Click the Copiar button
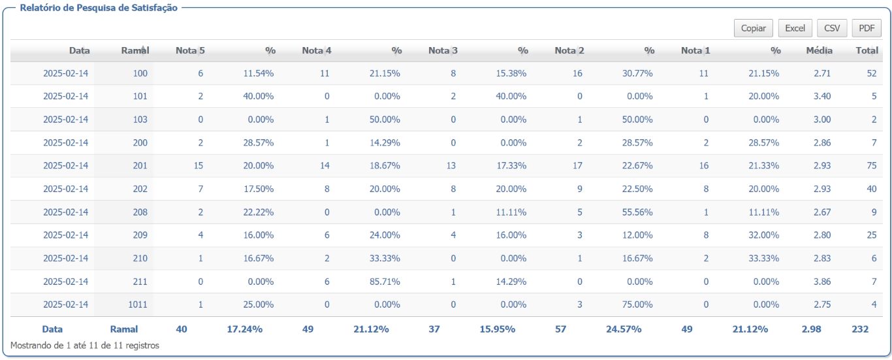(x=753, y=28)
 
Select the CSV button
(x=832, y=28)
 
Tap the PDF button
(x=867, y=28)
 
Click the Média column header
(x=819, y=50)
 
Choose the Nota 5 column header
(x=190, y=50)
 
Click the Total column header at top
(x=867, y=50)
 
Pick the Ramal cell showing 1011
(x=137, y=304)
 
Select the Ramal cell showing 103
(x=140, y=120)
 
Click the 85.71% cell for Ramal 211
(x=385, y=282)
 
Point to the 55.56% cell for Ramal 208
(x=637, y=212)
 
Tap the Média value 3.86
(x=822, y=282)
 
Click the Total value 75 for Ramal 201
(x=872, y=166)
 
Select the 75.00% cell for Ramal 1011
(x=637, y=304)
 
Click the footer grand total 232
(x=860, y=329)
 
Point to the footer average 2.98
(x=811, y=329)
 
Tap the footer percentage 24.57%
(x=624, y=329)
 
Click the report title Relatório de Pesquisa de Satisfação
(x=99, y=8)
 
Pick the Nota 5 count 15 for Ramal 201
(x=199, y=166)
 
